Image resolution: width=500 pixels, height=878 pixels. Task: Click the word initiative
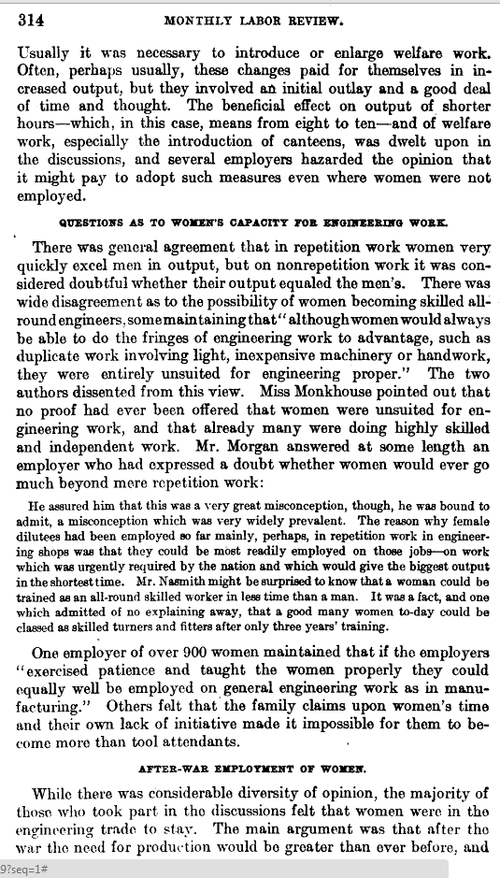click(x=239, y=719)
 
